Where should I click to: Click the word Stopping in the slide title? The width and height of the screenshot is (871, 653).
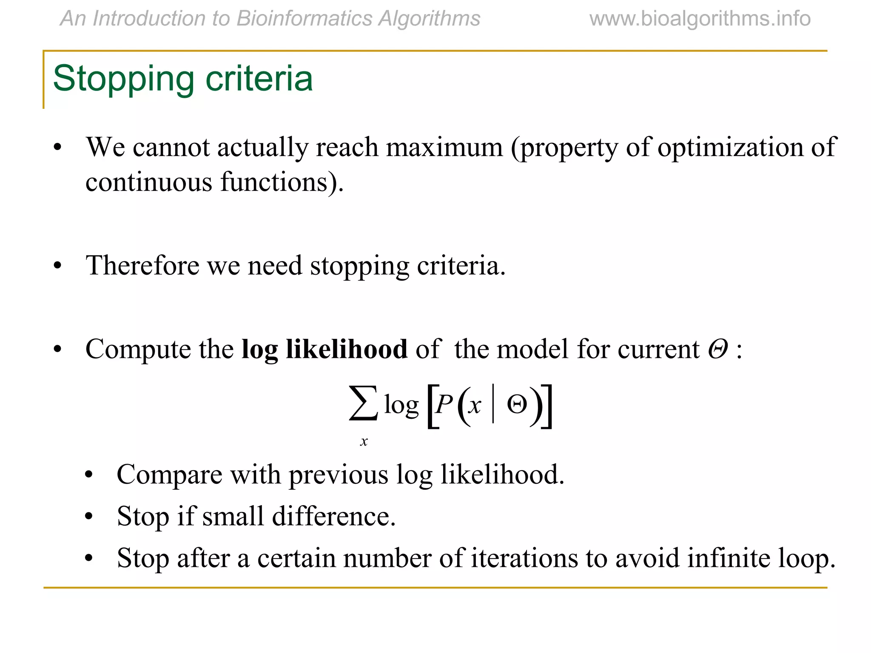[x=123, y=79]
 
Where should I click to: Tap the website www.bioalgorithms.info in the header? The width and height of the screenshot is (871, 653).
[x=700, y=19]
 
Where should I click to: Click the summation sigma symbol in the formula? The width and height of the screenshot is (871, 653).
[x=363, y=403]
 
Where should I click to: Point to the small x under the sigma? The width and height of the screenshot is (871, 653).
[x=364, y=442]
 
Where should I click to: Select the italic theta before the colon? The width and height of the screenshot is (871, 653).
[x=717, y=349]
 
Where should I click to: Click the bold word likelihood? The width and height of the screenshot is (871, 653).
[x=346, y=349]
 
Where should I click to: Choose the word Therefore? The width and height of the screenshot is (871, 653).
[x=142, y=266]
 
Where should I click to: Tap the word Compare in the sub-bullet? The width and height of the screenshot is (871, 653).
[x=169, y=475]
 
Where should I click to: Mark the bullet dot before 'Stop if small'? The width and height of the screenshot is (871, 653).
[x=88, y=517]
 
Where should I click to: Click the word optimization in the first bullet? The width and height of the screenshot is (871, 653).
[x=730, y=148]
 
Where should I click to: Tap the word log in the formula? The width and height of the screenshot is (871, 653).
[x=401, y=405]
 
